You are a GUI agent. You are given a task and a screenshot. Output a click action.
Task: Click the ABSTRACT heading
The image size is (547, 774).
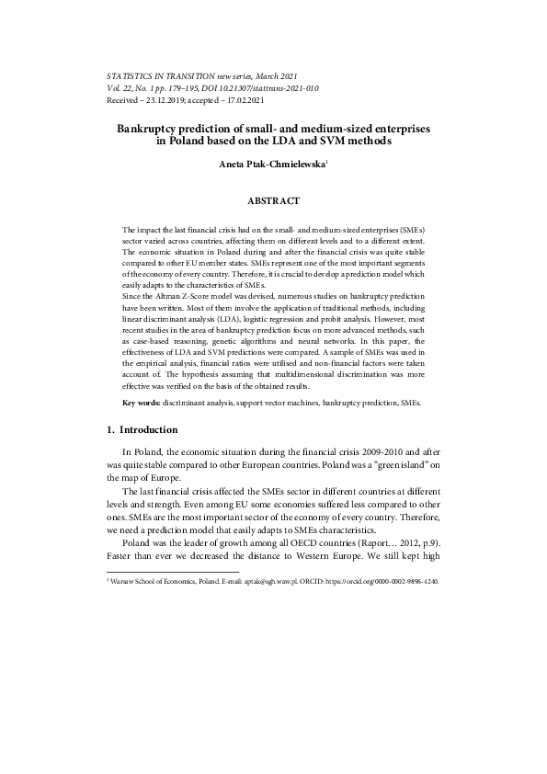point(273,199)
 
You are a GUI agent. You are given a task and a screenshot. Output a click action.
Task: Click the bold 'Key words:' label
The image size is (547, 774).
point(138,404)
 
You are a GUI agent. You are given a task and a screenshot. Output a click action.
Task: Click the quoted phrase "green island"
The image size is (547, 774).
point(386,466)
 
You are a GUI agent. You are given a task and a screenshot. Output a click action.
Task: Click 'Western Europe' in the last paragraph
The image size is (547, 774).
point(324,554)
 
